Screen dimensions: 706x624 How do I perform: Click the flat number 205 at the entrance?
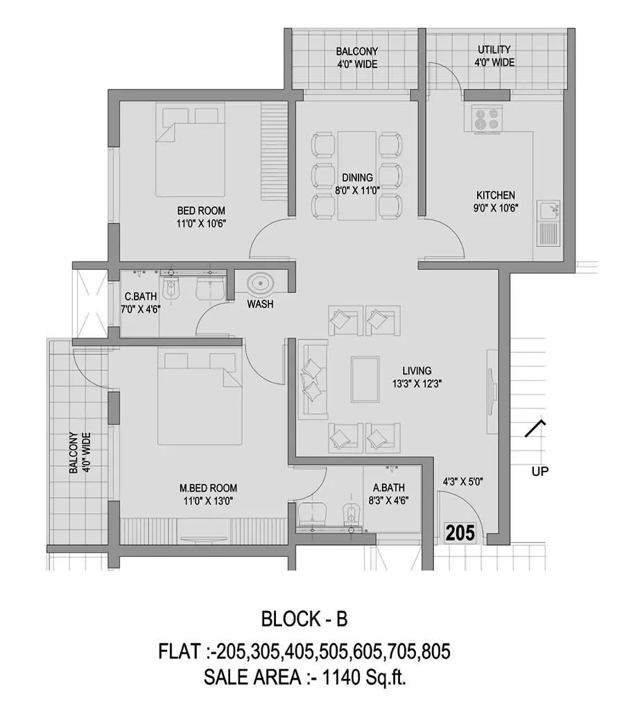(x=460, y=533)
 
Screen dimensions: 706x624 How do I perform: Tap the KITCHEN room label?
(x=495, y=195)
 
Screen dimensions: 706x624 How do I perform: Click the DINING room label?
(x=357, y=178)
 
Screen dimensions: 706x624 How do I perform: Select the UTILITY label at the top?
(x=494, y=49)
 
